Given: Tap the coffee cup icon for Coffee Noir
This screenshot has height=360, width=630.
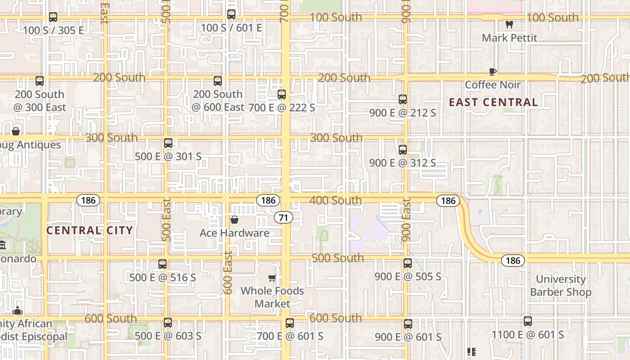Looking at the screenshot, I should click(x=493, y=72).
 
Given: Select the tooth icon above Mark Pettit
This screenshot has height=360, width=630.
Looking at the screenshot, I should click(x=509, y=24).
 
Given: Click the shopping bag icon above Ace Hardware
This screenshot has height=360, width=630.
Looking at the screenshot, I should click(x=234, y=220).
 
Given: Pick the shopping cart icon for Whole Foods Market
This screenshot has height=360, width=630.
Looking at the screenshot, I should click(x=272, y=278).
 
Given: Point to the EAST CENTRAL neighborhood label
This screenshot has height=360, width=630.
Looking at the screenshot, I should click(x=493, y=102).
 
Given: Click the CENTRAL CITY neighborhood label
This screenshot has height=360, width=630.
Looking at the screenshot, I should click(x=90, y=230).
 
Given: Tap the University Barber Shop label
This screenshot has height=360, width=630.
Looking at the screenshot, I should click(x=561, y=286).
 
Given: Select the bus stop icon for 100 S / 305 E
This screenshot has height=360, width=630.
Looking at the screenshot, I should click(x=53, y=17).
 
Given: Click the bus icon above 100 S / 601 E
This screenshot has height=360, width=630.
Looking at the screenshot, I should click(x=231, y=14).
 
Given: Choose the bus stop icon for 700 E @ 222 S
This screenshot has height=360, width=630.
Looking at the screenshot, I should click(x=282, y=94).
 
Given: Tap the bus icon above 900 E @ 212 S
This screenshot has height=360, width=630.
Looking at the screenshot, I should click(x=403, y=99).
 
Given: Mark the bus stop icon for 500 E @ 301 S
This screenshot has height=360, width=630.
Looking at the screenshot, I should click(x=168, y=143).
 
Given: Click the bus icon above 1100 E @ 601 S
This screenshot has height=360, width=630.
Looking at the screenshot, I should click(x=528, y=321).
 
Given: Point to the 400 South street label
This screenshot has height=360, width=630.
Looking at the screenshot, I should click(x=336, y=200).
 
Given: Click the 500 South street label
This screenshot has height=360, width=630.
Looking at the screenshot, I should click(x=337, y=258).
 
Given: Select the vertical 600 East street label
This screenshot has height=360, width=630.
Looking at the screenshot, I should click(x=228, y=272).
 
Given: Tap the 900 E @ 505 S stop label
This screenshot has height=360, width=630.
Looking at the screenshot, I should click(x=408, y=277).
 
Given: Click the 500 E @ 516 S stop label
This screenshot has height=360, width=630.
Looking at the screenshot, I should click(x=162, y=278).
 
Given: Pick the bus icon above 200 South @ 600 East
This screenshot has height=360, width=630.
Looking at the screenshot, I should click(x=218, y=81).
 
